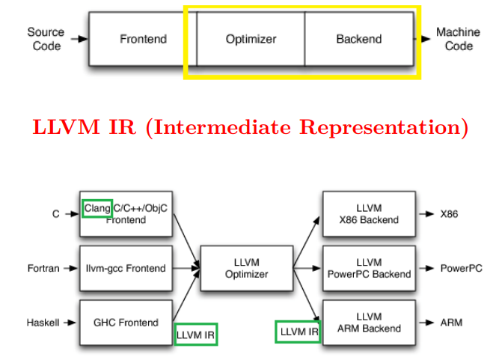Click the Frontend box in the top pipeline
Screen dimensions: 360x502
click(x=143, y=39)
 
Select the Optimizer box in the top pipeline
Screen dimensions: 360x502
click(x=251, y=39)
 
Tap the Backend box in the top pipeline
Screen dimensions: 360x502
click(x=358, y=39)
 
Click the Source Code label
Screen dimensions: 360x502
click(x=46, y=39)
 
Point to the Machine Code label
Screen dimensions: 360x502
click(x=458, y=39)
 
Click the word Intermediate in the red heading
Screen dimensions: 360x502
click(x=221, y=127)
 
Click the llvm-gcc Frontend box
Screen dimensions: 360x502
click(x=126, y=268)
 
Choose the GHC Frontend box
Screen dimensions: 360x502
click(x=126, y=323)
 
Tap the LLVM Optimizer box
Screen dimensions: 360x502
click(x=246, y=268)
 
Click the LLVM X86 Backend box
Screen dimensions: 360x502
click(x=369, y=214)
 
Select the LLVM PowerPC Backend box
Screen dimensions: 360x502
click(x=369, y=268)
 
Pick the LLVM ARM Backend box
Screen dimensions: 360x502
click(x=369, y=323)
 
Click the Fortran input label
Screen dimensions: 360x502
click(x=43, y=268)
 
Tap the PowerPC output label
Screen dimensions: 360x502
click(x=461, y=268)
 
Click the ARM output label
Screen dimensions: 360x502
click(x=451, y=323)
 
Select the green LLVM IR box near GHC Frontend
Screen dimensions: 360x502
click(x=196, y=335)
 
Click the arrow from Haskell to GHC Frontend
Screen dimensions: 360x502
click(x=70, y=323)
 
